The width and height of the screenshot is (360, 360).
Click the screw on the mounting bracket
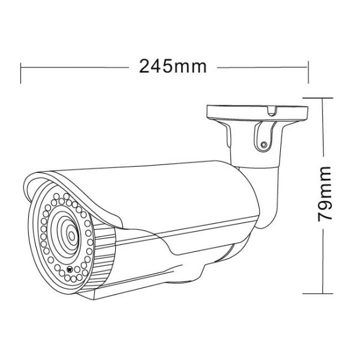(263, 144)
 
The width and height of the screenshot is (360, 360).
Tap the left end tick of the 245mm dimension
(22, 67)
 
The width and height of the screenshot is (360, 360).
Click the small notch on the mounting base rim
(272, 110)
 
